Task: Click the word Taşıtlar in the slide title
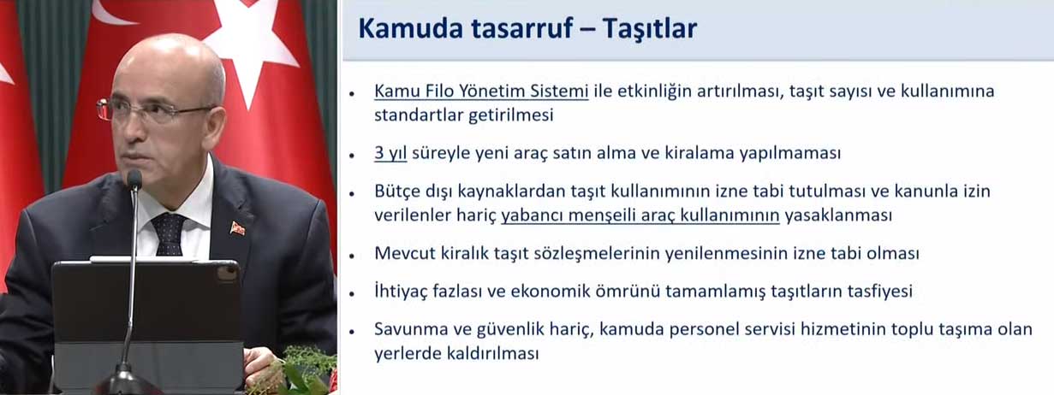[x=649, y=28]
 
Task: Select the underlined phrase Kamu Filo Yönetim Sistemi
[x=481, y=91]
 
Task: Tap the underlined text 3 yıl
[x=390, y=153]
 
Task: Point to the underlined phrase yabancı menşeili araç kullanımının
[x=640, y=215]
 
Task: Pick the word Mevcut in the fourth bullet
[x=405, y=254]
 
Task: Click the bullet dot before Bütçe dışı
[x=352, y=193]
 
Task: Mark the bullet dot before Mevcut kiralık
[x=352, y=256]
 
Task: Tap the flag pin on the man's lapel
[x=238, y=228]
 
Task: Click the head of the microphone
[x=134, y=180]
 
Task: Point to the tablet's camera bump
[x=227, y=274]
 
